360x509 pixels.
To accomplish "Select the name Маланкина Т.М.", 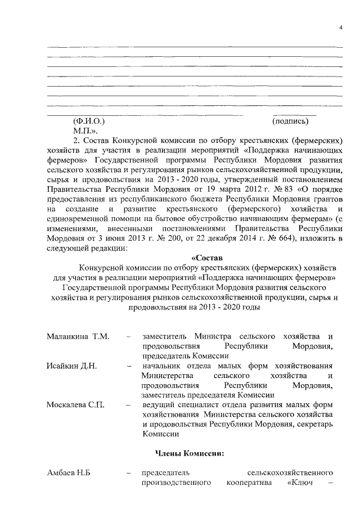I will [78, 336].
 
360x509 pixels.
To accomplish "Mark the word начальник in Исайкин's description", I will [163, 366].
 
